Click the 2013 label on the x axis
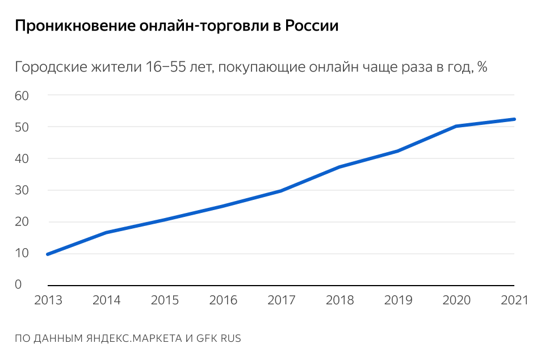point(48,300)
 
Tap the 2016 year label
point(223,300)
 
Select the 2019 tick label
point(398,300)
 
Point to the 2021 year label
point(514,300)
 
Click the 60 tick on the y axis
point(22,95)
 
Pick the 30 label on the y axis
point(22,190)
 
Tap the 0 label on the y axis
point(18,284)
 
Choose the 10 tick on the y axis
point(22,253)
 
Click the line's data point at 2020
point(456,126)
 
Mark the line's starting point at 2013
point(48,254)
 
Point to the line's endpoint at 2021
point(514,119)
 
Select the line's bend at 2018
point(339,167)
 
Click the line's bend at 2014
point(106,232)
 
